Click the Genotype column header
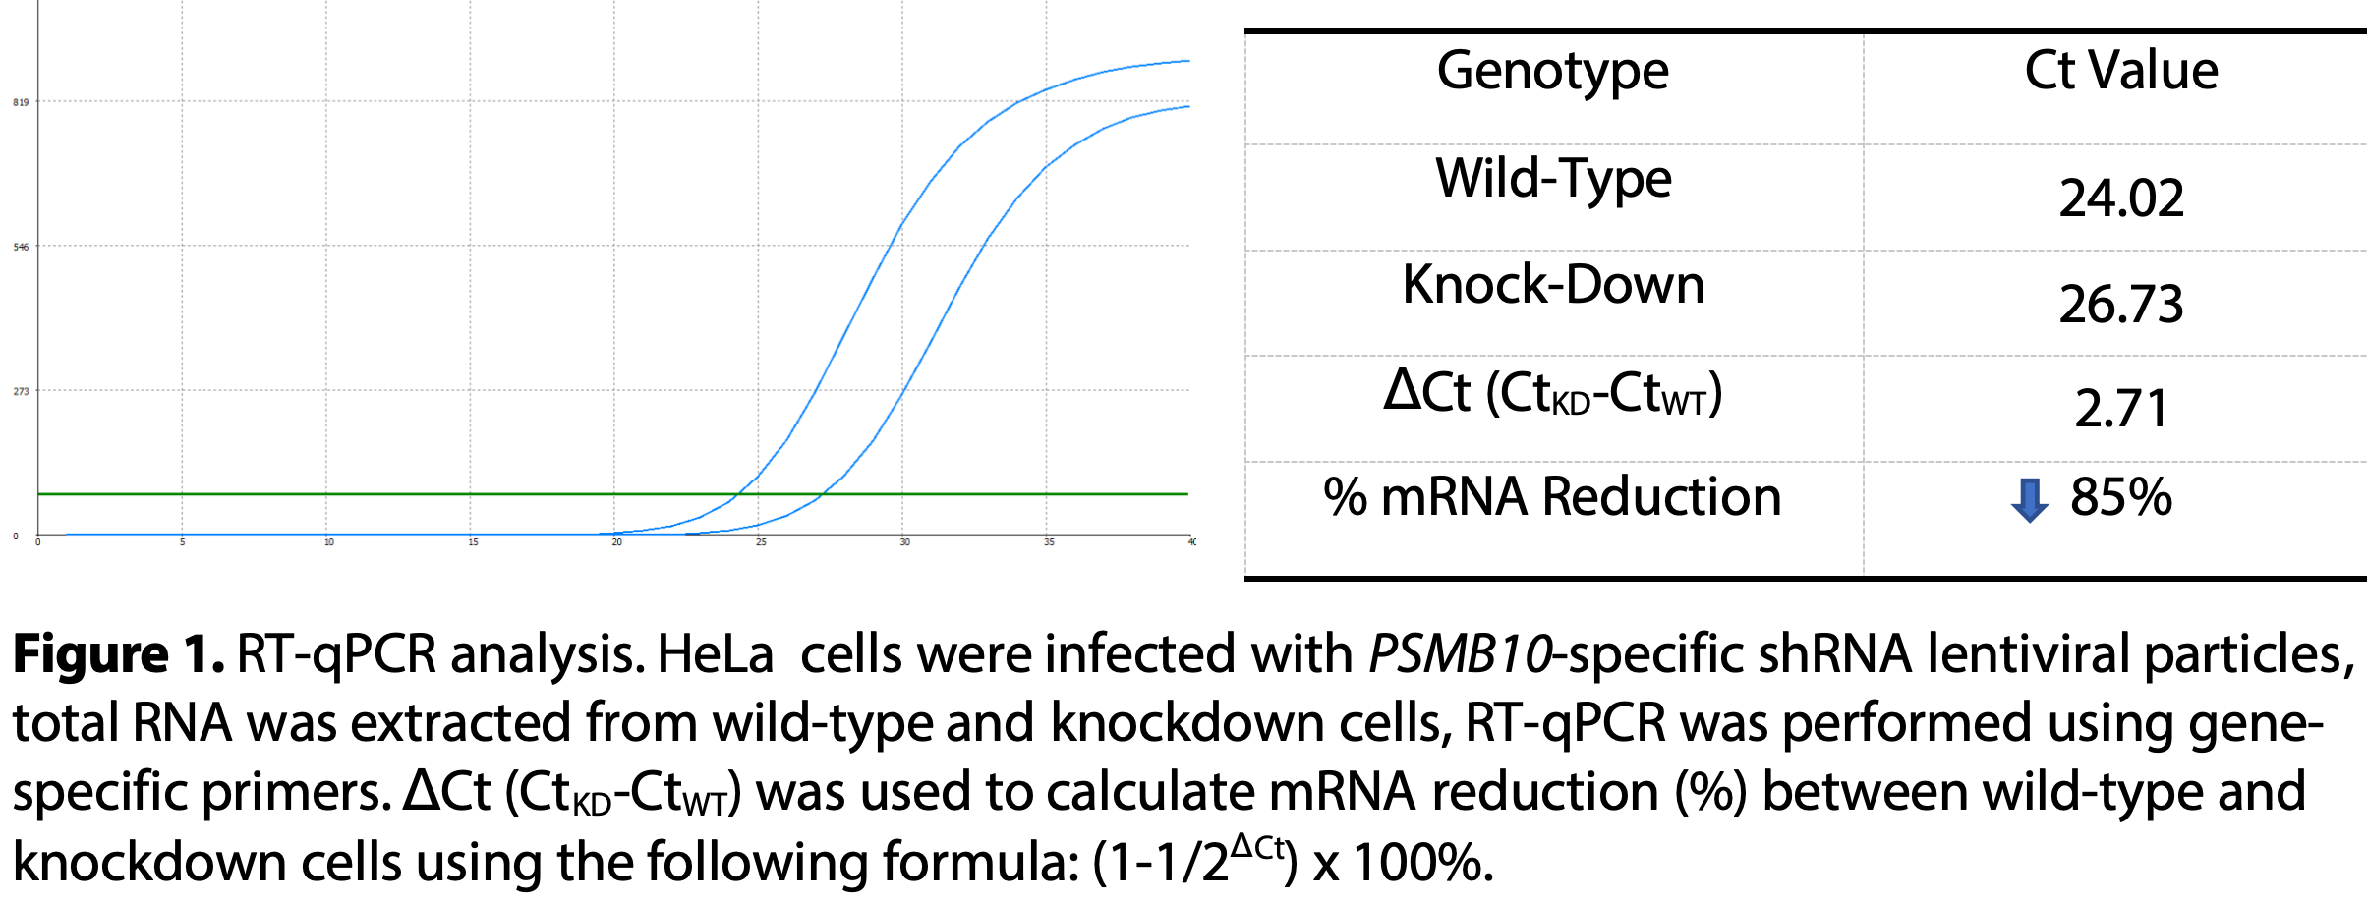[1552, 72]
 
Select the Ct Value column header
[2121, 72]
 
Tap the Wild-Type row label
[1553, 179]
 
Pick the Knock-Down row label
[1553, 285]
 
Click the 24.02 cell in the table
[2121, 198]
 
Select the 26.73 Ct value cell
[2121, 305]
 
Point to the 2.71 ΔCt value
[2121, 409]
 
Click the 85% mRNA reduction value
[2121, 497]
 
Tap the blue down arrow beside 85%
[2030, 500]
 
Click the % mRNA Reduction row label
[1552, 497]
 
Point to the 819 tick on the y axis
[21, 102]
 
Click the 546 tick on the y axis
[21, 247]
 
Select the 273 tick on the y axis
[21, 391]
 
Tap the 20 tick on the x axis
[616, 542]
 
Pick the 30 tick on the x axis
[904, 542]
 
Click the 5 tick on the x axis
[182, 542]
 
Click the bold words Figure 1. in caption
[118, 655]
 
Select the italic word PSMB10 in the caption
[1461, 655]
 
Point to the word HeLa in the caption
[715, 655]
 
